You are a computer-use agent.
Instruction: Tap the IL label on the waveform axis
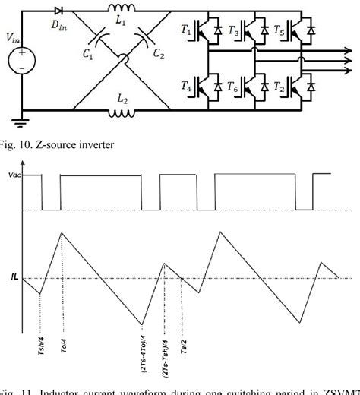pos(12,278)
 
